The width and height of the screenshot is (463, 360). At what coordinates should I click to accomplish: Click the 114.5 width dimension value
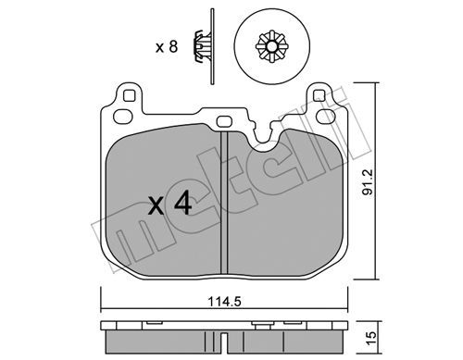click(224, 301)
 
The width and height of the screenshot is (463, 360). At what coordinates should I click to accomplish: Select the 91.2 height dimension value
click(368, 182)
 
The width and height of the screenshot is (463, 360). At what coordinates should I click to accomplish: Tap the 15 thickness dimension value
click(372, 338)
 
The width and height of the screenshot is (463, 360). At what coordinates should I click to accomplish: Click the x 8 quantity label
click(167, 47)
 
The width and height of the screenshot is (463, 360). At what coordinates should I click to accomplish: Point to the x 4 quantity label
click(170, 203)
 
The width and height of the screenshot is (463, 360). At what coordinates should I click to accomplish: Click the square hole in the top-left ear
click(130, 95)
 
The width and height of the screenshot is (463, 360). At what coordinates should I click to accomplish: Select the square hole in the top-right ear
click(319, 95)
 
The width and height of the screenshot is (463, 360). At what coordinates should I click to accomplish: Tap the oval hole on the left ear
click(123, 117)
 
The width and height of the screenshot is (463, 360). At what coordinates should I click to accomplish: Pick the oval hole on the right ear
click(326, 117)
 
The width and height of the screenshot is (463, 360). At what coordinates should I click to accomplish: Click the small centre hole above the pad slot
click(224, 121)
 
